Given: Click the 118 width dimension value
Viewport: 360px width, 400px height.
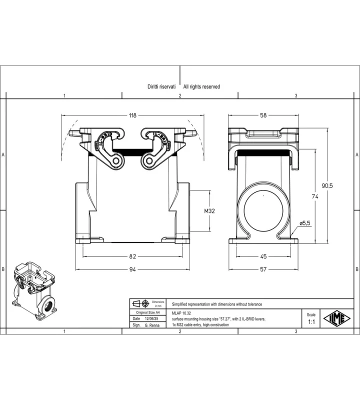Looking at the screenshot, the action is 132,115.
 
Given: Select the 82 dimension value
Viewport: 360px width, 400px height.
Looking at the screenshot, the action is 132,256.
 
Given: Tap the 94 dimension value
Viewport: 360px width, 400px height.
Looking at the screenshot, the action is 132,269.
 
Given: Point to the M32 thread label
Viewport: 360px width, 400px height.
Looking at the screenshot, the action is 209,211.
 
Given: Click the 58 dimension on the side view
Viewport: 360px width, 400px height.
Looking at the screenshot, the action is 263,115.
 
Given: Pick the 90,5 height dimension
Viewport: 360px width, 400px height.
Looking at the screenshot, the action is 327,185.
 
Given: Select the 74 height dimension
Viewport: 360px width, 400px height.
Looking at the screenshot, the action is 315,196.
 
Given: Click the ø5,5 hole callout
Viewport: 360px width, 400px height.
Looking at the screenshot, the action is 305,223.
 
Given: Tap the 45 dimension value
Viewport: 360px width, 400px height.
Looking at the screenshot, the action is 263,256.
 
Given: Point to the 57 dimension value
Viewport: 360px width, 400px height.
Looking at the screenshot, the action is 263,269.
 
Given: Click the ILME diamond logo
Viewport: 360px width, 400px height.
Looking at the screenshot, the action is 337,318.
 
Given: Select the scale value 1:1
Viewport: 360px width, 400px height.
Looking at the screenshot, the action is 311,322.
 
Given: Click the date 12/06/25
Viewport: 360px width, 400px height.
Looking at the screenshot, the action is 151,318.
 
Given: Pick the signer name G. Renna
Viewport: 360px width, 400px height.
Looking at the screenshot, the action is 152,325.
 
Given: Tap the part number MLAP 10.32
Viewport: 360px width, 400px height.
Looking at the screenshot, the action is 181,313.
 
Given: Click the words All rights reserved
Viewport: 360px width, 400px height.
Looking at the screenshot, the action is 201,86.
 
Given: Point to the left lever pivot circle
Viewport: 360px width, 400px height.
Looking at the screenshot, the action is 116,161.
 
